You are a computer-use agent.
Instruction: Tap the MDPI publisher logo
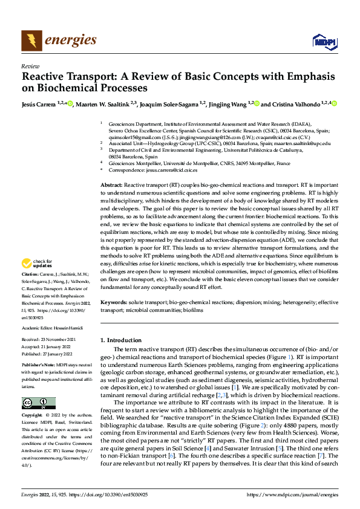click(322, 41)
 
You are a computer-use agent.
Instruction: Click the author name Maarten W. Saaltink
click(106, 104)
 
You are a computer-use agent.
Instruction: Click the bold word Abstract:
click(111, 184)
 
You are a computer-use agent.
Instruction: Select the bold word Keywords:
click(113, 301)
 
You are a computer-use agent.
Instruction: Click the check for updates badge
click(36, 264)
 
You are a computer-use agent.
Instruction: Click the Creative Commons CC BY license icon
click(38, 403)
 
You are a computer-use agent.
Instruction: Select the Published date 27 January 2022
click(61, 351)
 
